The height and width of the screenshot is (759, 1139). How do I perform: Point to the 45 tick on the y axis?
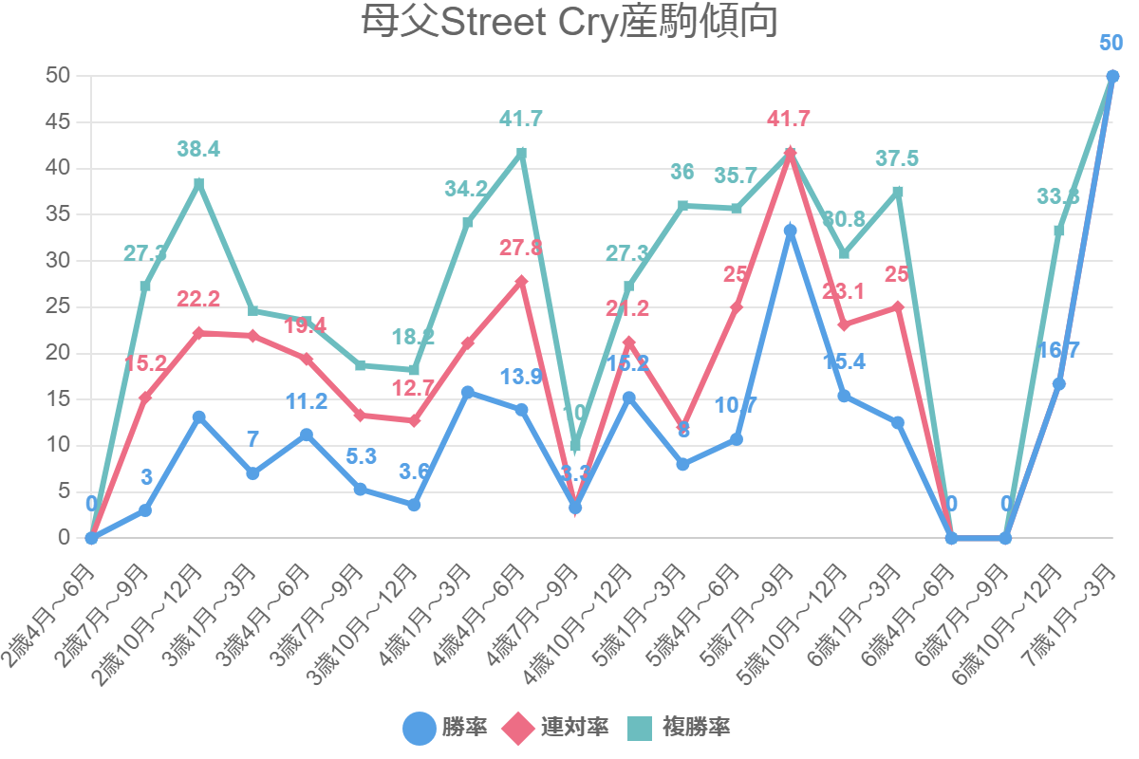click(x=59, y=122)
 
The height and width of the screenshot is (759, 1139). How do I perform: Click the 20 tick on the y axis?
click(x=59, y=353)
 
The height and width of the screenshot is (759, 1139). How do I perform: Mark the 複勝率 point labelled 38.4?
click(x=199, y=183)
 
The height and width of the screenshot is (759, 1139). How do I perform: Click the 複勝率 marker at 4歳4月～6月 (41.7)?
click(x=521, y=153)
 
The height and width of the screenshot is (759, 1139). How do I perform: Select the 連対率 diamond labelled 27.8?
click(x=521, y=282)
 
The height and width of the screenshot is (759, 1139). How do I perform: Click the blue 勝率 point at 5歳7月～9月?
click(x=790, y=231)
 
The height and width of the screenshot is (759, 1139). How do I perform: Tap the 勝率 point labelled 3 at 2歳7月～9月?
click(x=145, y=510)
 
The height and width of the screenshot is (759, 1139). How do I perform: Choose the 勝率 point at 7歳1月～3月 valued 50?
click(x=1112, y=77)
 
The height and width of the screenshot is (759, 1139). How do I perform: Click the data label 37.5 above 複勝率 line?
click(x=897, y=158)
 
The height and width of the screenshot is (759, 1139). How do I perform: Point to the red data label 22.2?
click(x=198, y=300)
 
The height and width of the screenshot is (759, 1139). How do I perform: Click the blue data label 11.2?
click(x=307, y=401)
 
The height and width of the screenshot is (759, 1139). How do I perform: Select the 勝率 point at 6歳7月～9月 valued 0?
click(x=1005, y=538)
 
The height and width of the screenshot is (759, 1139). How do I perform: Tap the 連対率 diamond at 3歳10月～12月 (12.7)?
click(x=414, y=420)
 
